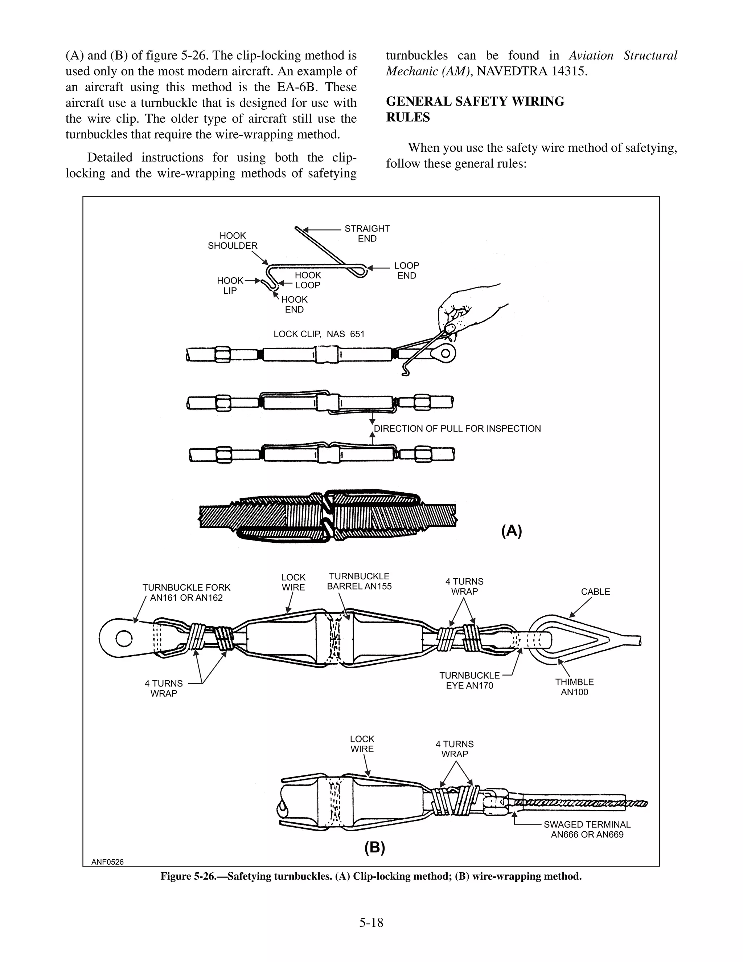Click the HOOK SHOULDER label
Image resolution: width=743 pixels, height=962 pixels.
pos(233,240)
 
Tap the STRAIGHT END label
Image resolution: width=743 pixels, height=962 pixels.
pos(367,233)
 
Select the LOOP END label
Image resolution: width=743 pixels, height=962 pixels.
pos(406,270)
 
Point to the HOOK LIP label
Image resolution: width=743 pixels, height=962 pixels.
pos(230,285)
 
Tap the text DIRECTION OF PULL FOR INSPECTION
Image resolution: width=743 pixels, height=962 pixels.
pos(457,429)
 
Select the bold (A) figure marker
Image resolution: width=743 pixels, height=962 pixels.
pos(512,531)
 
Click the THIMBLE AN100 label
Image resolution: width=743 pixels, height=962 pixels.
pos(574,687)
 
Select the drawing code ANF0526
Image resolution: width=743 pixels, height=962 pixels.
pos(107,862)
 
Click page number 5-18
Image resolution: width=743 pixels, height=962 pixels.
pos(371,922)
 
